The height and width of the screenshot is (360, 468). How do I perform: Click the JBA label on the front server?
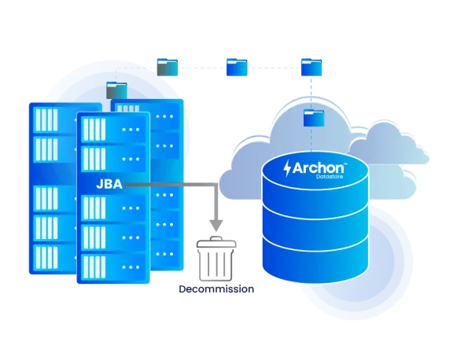click(x=109, y=185)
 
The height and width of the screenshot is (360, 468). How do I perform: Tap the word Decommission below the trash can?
click(x=216, y=289)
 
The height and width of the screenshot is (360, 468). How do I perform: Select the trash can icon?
click(x=216, y=259)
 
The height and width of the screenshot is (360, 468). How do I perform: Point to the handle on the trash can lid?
click(x=216, y=238)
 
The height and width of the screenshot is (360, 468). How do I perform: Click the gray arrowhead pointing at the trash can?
click(x=216, y=226)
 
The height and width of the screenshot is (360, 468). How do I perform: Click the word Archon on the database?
click(x=318, y=168)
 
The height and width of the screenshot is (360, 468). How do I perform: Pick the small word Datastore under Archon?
click(x=330, y=177)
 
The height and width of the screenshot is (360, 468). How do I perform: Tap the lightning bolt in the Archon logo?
click(x=287, y=168)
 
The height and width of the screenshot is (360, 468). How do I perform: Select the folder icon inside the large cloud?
click(x=314, y=118)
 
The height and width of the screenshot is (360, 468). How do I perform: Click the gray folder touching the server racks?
click(x=116, y=90)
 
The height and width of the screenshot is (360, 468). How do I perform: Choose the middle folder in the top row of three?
click(x=237, y=67)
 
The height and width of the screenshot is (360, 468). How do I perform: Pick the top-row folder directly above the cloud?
click(x=311, y=67)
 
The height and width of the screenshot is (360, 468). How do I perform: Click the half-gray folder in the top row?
click(x=168, y=67)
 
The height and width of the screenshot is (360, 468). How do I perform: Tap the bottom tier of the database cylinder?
click(x=315, y=259)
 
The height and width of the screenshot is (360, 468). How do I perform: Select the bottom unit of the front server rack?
click(x=113, y=267)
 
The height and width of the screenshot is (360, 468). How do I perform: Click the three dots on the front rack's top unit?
click(x=131, y=130)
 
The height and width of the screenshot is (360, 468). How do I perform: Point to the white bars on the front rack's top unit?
click(x=94, y=130)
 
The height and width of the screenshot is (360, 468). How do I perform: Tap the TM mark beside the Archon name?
click(x=345, y=163)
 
